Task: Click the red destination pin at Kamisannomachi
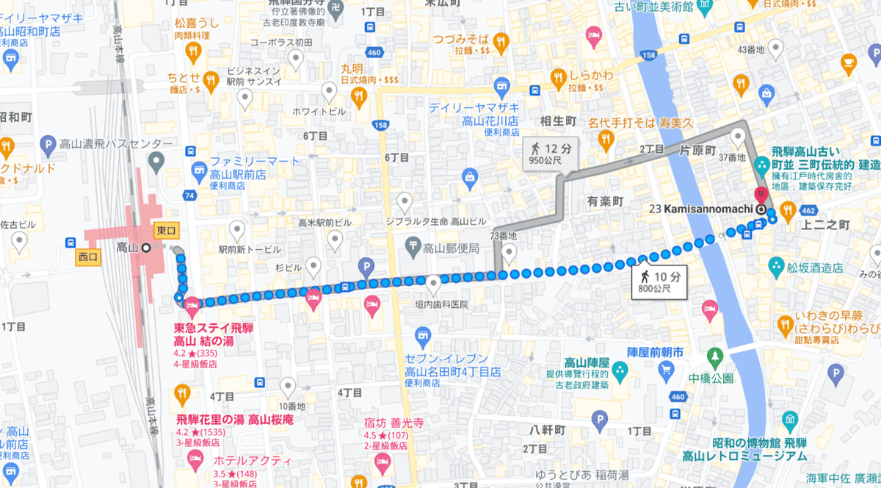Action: click(x=762, y=197)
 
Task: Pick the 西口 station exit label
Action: click(x=89, y=258)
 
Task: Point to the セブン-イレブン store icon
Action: click(x=422, y=338)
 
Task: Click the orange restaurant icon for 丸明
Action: click(x=358, y=95)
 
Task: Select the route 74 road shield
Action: click(x=190, y=195)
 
